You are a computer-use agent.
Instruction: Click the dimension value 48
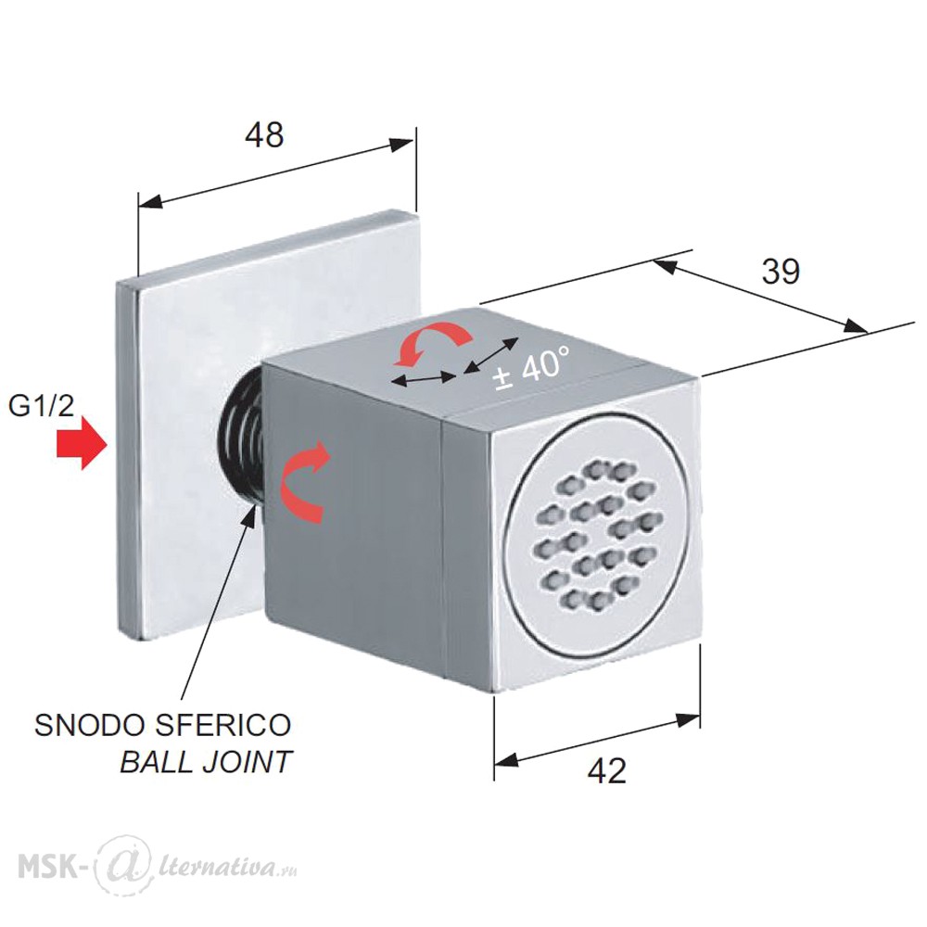pyautogui.click(x=264, y=134)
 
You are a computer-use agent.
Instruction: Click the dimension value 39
pyautogui.click(x=781, y=272)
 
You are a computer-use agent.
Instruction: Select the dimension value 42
pyautogui.click(x=607, y=771)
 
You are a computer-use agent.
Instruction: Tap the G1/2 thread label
pyautogui.click(x=41, y=407)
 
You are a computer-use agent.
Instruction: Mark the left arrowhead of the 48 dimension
pyautogui.click(x=150, y=201)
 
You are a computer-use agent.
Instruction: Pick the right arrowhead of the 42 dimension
pyautogui.click(x=688, y=720)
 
